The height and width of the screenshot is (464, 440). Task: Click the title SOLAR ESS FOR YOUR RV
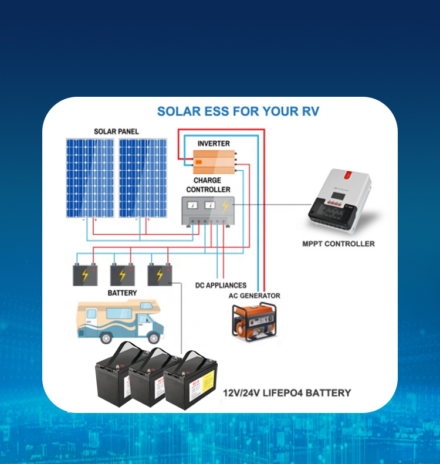point(238,111)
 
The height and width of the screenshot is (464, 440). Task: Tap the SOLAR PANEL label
point(116,131)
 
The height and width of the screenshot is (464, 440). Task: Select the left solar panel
point(90,178)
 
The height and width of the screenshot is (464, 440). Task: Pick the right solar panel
point(143,178)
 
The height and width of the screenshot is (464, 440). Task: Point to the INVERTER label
point(214,144)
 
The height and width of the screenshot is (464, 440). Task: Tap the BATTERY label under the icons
point(122,293)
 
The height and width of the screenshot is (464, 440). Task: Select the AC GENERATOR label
point(254,296)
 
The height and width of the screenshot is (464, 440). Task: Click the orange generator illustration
point(254,321)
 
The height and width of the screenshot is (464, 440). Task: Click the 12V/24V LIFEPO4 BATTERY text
point(287,393)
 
